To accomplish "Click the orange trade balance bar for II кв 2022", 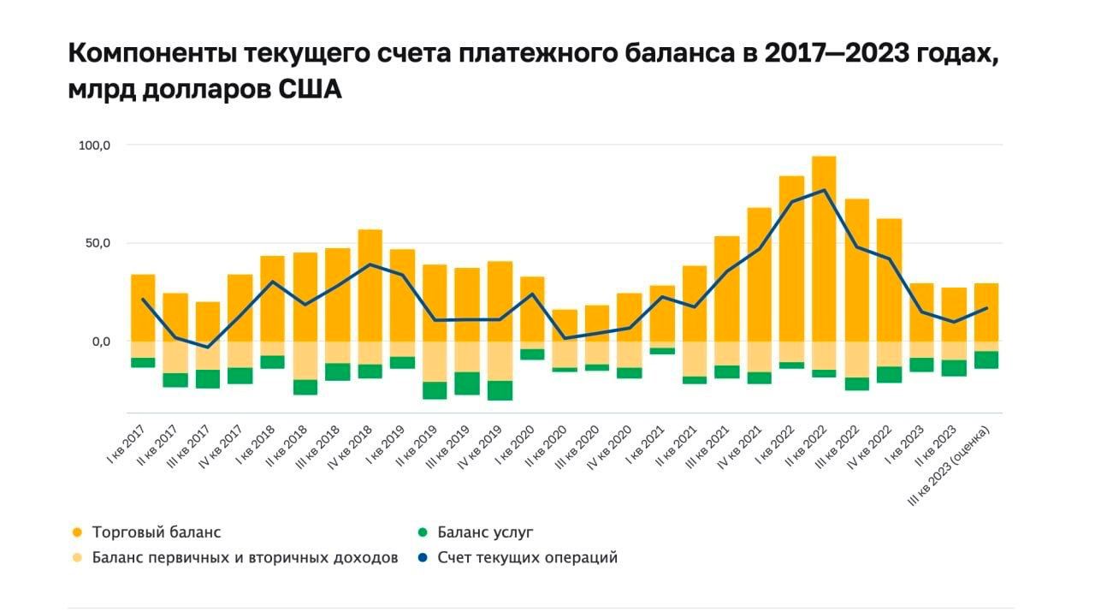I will coord(824,248).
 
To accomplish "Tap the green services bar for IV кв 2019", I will coord(500,390).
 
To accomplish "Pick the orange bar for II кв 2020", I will coord(565,325).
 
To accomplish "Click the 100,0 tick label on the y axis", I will coord(95,146).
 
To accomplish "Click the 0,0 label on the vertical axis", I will coord(101,342).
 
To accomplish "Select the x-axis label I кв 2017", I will coord(127,444).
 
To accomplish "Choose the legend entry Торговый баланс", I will coord(157,532).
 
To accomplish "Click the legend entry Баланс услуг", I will coord(485,532).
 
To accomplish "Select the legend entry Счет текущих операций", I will coord(527,558).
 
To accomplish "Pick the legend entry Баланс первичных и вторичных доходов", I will coord(245,558).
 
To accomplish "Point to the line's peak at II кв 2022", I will coord(824,190).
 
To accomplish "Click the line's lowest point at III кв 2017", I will coord(207,348).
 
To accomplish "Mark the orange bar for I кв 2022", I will coord(791,270).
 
